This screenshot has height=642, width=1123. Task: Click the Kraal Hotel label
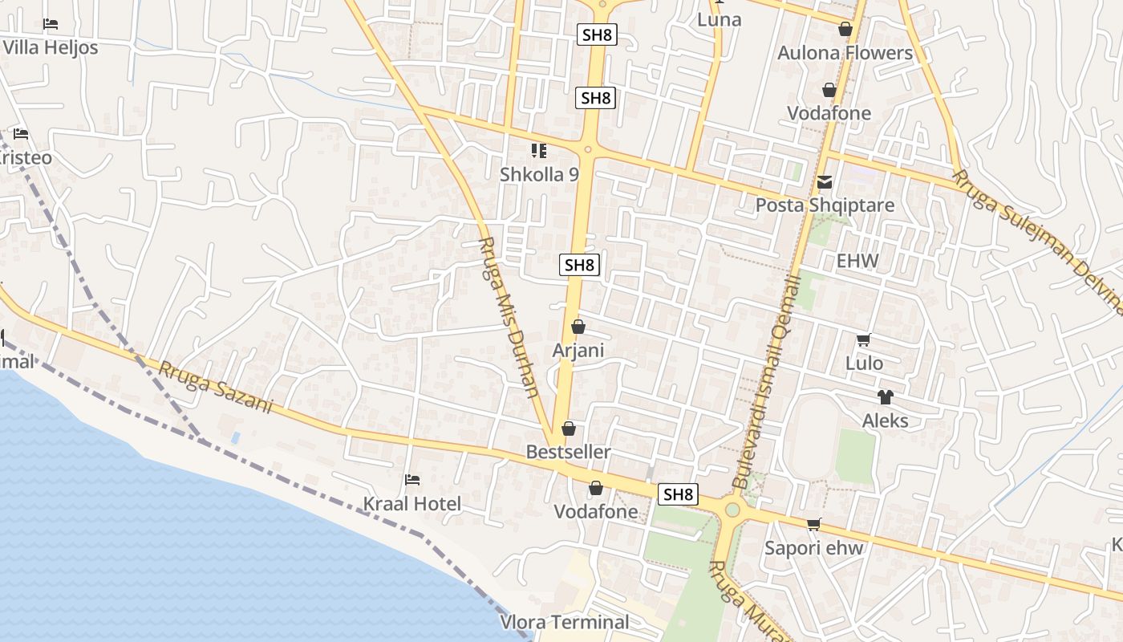tap(412, 504)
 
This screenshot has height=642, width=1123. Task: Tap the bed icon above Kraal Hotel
tap(412, 480)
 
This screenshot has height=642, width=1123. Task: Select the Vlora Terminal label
tap(565, 622)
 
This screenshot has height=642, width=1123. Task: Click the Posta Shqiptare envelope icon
tap(825, 183)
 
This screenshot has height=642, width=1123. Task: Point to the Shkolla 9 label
tap(539, 174)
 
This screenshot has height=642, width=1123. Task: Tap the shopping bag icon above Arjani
tap(578, 327)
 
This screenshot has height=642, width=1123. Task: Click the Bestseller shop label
tap(568, 452)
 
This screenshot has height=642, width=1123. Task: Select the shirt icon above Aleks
tap(885, 397)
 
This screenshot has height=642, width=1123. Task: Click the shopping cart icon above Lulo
tap(864, 340)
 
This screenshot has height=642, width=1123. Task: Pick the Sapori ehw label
tap(813, 548)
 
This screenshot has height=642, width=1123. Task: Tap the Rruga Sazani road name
tap(215, 388)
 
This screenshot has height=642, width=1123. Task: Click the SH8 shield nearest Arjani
tap(580, 265)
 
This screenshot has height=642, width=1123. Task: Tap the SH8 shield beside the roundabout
tap(678, 494)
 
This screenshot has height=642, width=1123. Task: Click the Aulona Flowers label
tap(845, 53)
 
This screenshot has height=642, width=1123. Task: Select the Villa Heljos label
tap(50, 47)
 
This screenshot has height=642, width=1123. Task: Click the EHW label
tap(857, 261)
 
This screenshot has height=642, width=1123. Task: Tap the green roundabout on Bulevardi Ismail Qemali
tap(732, 510)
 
